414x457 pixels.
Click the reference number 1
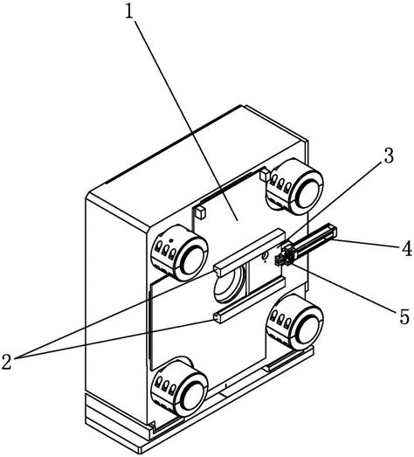point(129,12)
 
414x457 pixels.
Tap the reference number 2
point(6,362)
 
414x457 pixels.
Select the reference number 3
point(388,156)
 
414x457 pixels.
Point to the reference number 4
point(406,248)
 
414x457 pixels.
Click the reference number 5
point(404,316)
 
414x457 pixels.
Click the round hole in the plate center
point(229,287)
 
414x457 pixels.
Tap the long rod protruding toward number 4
point(311,242)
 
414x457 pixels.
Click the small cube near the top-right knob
point(266,176)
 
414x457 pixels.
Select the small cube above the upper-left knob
point(201,212)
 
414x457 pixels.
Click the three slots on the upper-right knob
point(280,184)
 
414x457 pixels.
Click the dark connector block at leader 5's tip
point(280,260)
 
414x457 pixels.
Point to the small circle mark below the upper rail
point(265,257)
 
